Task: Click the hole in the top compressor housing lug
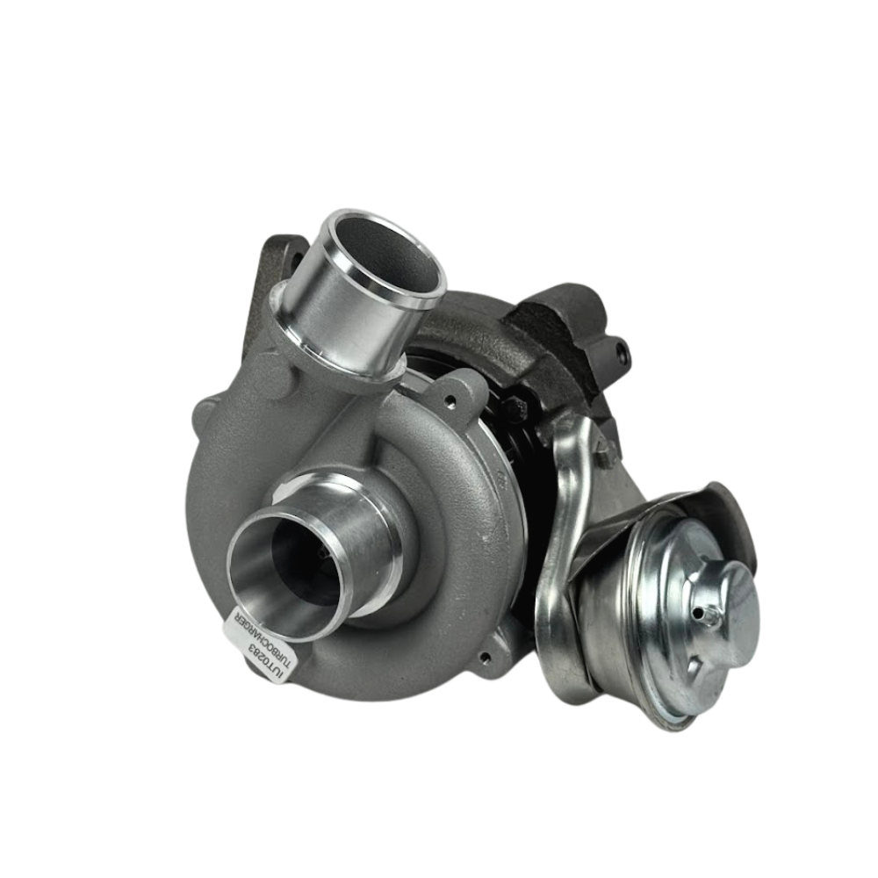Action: tap(448, 400)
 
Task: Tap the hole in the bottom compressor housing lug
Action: tap(486, 657)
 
